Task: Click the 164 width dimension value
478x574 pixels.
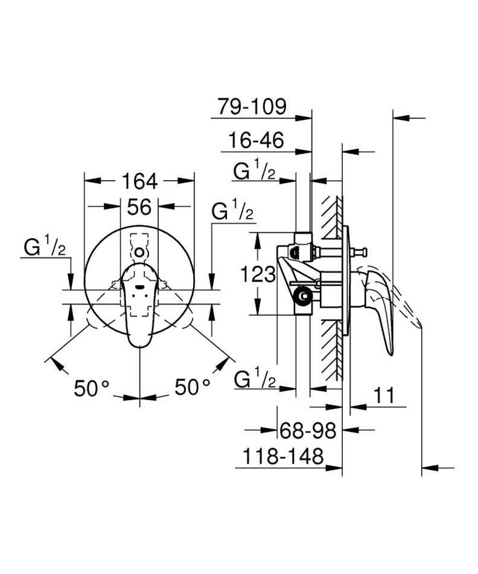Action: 139,181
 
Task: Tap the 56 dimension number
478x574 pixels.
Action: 139,207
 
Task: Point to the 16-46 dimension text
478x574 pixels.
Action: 256,141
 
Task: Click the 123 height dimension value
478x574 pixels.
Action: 258,274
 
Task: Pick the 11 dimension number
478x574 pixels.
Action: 384,395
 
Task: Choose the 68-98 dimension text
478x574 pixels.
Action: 308,431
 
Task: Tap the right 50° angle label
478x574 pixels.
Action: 193,387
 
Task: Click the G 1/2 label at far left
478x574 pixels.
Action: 45,248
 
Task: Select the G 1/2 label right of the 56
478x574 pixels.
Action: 232,211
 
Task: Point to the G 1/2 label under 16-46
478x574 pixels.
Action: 254,171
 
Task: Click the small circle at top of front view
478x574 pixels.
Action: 139,252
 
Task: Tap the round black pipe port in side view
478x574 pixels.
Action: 303,295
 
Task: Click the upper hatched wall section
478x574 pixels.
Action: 332,217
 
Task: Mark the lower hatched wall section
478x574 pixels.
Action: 332,350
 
